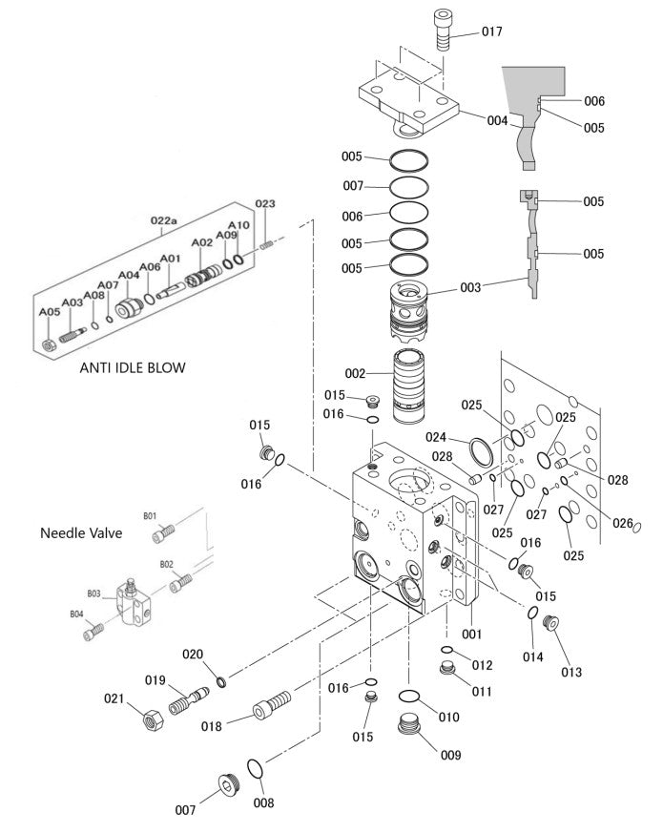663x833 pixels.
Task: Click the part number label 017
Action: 491,31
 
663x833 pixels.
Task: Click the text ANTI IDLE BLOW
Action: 133,366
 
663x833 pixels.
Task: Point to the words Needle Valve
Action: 81,532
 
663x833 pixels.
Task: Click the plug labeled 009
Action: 411,729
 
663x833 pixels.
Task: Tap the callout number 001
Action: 471,633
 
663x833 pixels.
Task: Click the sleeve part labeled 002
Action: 416,387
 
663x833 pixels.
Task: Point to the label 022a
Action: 164,221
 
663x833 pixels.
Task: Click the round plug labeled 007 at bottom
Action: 224,784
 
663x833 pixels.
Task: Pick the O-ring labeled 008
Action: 256,768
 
